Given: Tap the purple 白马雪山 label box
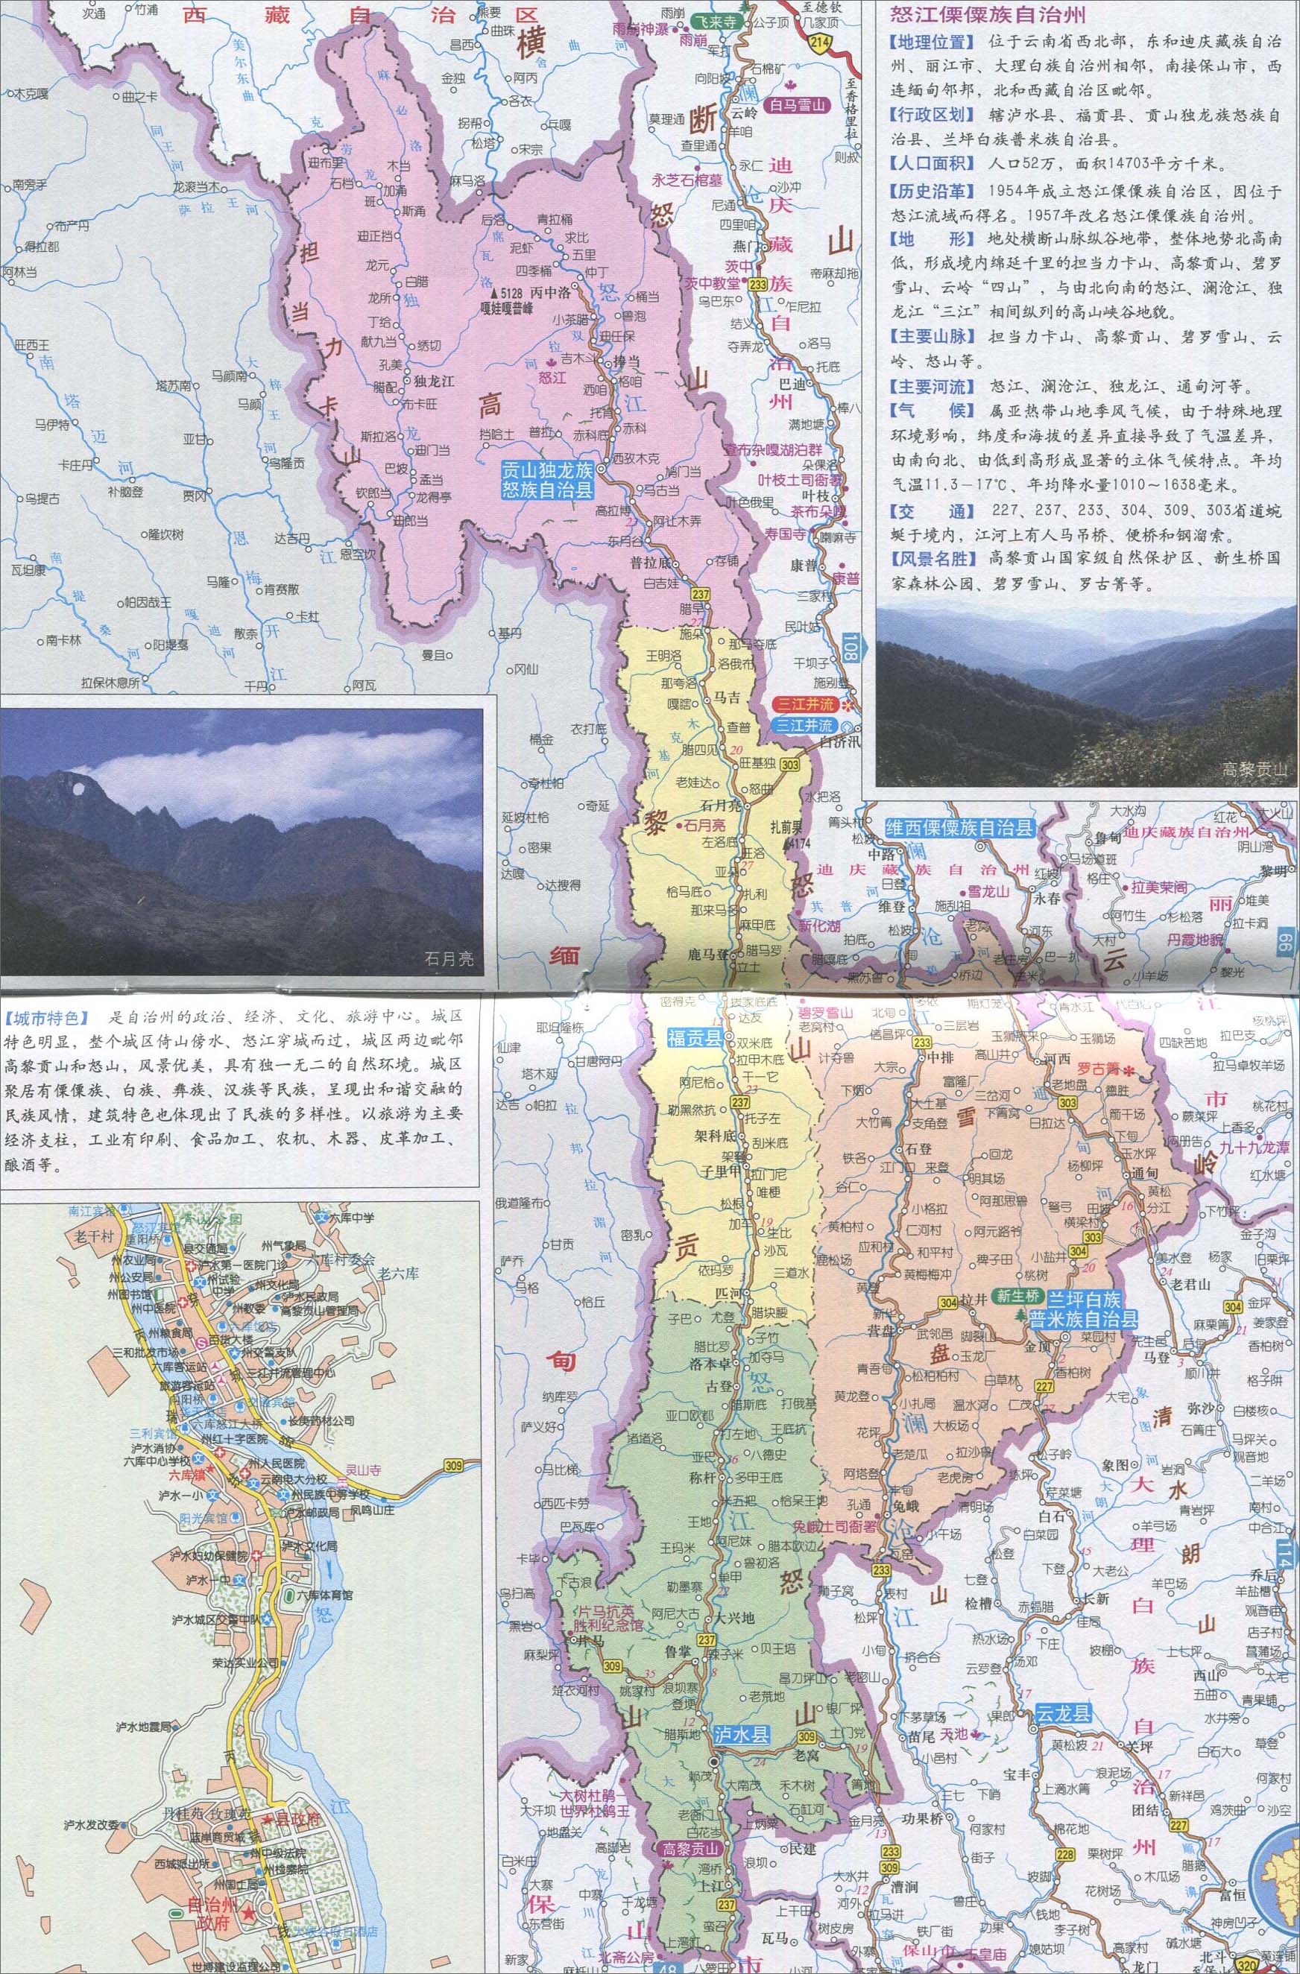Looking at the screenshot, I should pyautogui.click(x=799, y=105).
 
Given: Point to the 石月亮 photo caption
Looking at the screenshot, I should pyautogui.click(x=449, y=959).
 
